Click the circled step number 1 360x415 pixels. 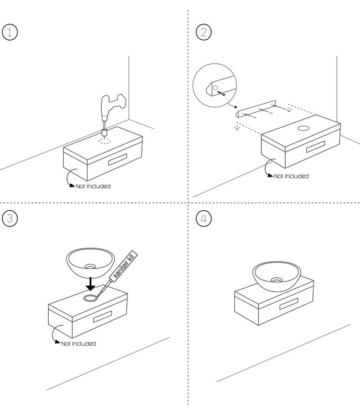[10, 32]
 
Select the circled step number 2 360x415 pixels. [203, 32]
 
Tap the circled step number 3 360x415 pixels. [10, 219]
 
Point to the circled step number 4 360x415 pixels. [203, 219]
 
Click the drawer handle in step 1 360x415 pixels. [117, 159]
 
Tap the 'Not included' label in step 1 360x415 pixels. [93, 186]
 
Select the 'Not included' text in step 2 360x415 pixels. [291, 176]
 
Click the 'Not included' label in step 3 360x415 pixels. [79, 344]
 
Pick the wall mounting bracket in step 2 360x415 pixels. [255, 109]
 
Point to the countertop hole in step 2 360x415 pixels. [304, 128]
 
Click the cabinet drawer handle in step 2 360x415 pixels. [316, 147]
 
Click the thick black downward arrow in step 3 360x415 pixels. [91, 284]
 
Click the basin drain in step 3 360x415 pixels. [90, 266]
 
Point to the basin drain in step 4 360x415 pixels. [276, 280]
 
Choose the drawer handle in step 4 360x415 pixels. [289, 304]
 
